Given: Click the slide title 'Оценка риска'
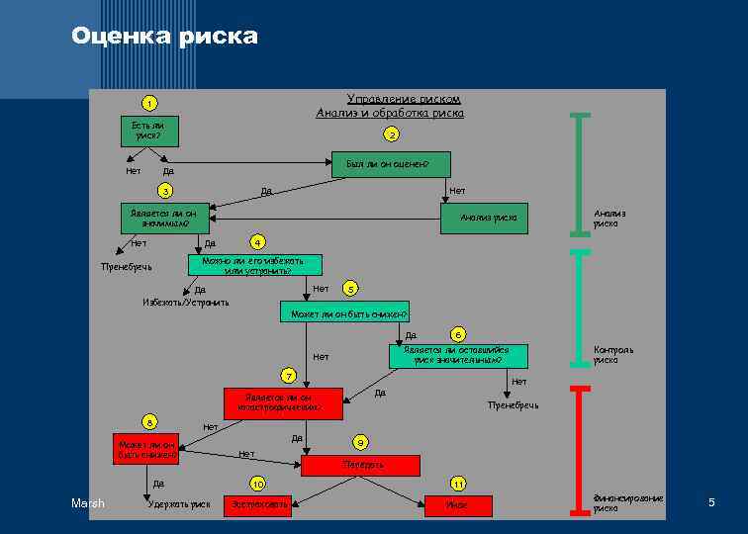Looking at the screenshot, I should [x=164, y=38].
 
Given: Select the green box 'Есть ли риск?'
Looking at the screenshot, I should [x=148, y=130].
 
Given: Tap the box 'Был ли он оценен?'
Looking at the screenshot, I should [x=387, y=163].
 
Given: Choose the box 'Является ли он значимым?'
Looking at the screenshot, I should [x=163, y=217].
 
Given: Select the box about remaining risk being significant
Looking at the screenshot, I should [x=457, y=355].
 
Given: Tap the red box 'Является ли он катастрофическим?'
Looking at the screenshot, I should [x=283, y=402].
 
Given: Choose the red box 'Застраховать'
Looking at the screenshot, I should [x=258, y=504].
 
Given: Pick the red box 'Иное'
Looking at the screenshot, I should [x=458, y=504].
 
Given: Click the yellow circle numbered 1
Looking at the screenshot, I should [x=147, y=104].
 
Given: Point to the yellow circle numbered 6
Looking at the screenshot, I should [x=458, y=334].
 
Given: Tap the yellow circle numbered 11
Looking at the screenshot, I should [x=458, y=484].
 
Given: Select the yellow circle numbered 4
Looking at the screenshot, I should [x=257, y=242].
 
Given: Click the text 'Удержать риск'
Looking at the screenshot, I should [x=178, y=505].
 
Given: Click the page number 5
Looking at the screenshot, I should [x=711, y=504].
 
